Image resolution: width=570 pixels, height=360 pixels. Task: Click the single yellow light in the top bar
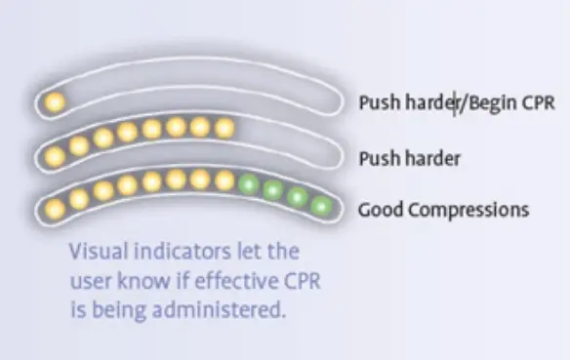pyautogui.click(x=55, y=100)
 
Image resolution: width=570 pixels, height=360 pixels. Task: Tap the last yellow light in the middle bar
pyautogui.click(x=224, y=128)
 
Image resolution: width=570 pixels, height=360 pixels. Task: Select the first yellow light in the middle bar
pyautogui.click(x=55, y=155)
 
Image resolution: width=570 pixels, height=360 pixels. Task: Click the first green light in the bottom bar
pyautogui.click(x=249, y=182)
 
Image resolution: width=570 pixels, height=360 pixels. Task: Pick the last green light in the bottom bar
pyautogui.click(x=321, y=205)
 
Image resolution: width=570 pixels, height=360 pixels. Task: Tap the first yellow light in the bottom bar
pyautogui.click(x=55, y=207)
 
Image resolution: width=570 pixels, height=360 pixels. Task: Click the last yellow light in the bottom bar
pyautogui.click(x=224, y=180)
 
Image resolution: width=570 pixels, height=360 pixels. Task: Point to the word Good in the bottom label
pyautogui.click(x=381, y=209)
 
